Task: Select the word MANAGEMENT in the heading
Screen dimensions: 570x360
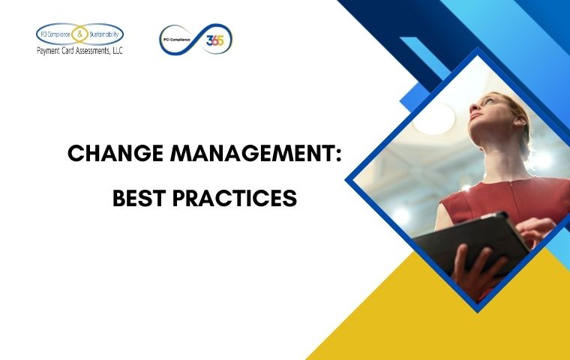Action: [251, 154]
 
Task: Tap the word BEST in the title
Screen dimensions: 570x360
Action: [139, 198]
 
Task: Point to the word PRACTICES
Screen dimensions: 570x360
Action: [235, 198]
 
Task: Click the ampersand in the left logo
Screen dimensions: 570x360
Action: [80, 34]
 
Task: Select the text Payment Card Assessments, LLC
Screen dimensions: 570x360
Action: [79, 51]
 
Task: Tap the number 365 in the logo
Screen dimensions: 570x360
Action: [214, 40]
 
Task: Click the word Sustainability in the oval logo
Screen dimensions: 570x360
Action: [104, 34]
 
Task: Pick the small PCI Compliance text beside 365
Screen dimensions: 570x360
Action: [177, 40]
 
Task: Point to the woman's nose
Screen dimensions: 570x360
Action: [474, 106]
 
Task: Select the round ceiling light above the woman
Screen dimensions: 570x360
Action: [433, 118]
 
